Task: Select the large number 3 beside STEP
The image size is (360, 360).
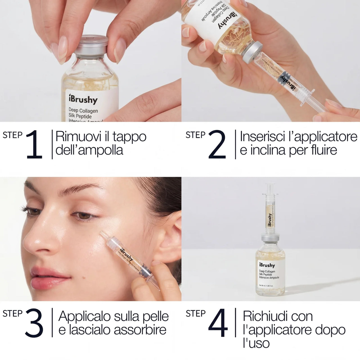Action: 34,323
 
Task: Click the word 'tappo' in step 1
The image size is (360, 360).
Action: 130,137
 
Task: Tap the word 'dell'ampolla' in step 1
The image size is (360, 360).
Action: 89,150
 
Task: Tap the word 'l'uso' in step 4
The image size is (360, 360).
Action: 256,343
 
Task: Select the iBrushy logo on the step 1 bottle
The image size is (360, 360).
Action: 83,99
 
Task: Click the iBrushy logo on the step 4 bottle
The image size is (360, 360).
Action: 267,265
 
